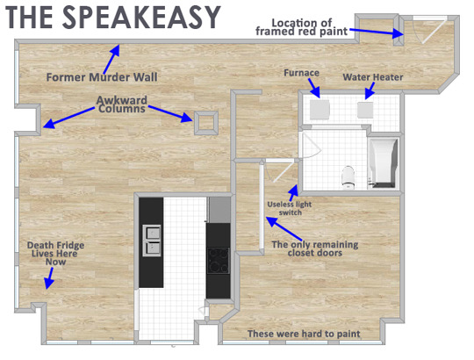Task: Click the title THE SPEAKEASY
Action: pos(113,18)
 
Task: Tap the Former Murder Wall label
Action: pos(102,77)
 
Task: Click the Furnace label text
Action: pos(301,73)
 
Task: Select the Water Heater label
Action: pos(373,77)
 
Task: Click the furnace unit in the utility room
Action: pos(320,109)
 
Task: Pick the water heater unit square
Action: pos(365,110)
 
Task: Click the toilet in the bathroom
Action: pos(348,177)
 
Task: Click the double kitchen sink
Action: pos(152,241)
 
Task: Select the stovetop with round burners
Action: pos(218,261)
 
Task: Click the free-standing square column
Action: pos(206,123)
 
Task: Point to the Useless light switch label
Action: pos(290,208)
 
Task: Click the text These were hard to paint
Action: pos(304,334)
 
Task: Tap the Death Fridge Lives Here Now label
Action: pos(55,253)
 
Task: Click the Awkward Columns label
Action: pos(122,104)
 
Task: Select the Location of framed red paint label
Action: pos(301,27)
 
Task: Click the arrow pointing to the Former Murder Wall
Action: pos(111,59)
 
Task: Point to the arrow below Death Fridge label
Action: pos(49,278)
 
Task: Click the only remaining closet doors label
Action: pos(315,248)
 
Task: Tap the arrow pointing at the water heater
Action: pos(370,90)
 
